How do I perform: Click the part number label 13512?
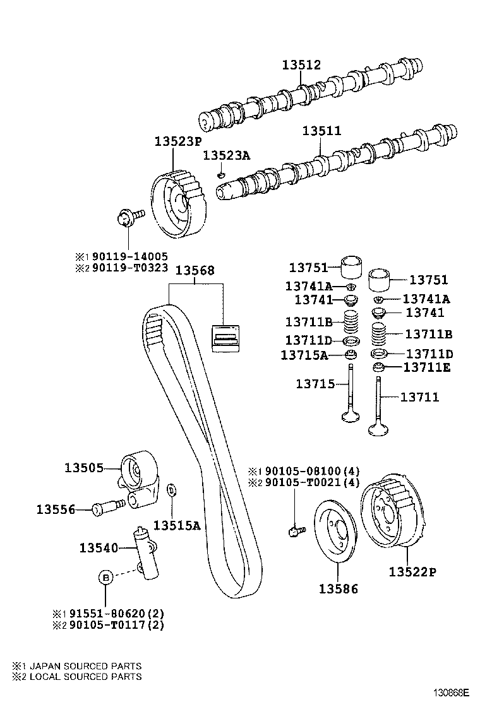click(x=301, y=65)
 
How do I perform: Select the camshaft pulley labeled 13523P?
click(x=179, y=205)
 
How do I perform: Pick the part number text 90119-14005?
click(x=129, y=256)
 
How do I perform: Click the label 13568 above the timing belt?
click(x=195, y=270)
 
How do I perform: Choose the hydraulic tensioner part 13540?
click(x=146, y=552)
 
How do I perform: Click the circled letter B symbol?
click(x=105, y=576)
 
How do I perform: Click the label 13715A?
click(x=304, y=355)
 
